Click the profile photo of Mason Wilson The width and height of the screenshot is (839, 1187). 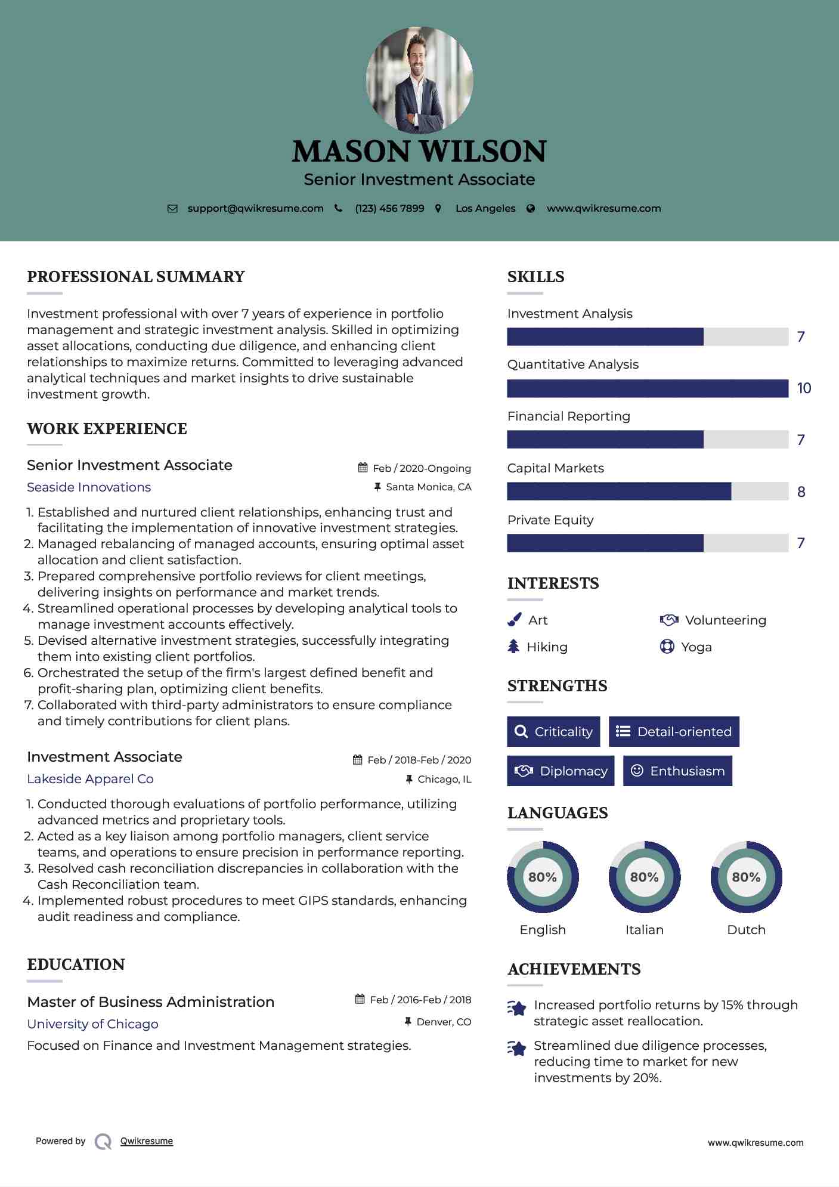419,80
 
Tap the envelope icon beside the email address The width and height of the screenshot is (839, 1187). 172,209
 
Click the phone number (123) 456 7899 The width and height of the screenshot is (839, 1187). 389,209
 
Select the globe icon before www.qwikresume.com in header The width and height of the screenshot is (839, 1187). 531,209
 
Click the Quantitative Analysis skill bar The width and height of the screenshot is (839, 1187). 648,388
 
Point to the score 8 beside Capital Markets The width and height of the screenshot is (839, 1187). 801,492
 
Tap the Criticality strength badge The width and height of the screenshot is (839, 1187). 553,732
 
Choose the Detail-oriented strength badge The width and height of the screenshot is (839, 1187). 674,732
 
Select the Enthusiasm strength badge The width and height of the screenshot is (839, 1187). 677,771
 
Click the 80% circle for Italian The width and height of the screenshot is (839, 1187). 644,877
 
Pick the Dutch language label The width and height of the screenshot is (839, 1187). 746,930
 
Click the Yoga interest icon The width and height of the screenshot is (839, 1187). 667,647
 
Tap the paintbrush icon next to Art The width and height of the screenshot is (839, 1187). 514,620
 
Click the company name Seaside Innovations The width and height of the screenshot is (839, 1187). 89,487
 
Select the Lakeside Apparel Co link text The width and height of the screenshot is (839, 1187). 90,779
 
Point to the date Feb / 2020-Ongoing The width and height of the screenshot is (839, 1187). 422,469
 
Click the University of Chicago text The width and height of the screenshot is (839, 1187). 92,1024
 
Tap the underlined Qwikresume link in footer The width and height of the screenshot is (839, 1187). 147,1141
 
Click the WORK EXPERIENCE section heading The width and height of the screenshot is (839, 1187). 107,429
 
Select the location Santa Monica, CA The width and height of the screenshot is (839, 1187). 428,487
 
